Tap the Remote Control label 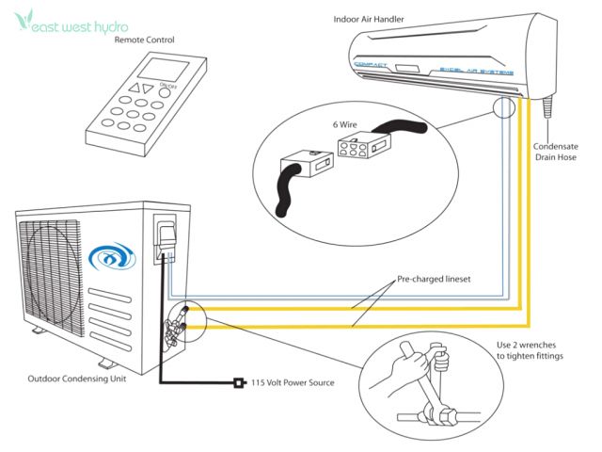tap(145, 40)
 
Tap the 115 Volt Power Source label tap(293, 382)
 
